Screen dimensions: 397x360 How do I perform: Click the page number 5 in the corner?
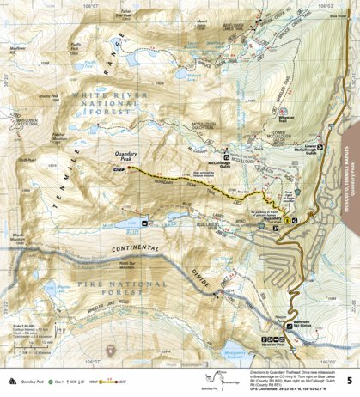(348, 380)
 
